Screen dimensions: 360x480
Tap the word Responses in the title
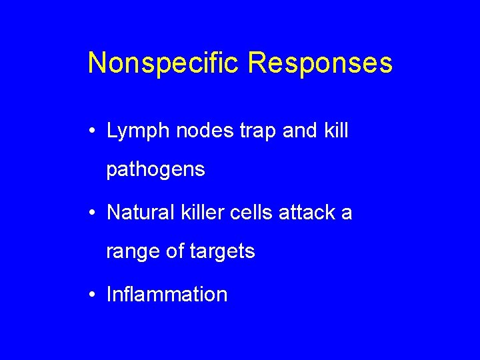321,63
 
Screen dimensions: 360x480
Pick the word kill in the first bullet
335,131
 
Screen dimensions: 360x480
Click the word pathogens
155,171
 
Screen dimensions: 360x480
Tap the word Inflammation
167,294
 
